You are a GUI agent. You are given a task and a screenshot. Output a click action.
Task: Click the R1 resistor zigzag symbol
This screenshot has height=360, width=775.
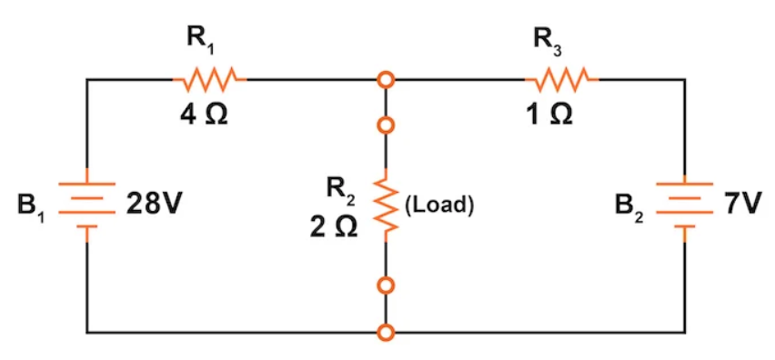(x=210, y=80)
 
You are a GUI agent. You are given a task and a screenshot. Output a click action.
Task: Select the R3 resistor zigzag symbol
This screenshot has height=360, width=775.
(x=562, y=80)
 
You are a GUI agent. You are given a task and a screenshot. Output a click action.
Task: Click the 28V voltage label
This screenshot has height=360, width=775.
(x=153, y=205)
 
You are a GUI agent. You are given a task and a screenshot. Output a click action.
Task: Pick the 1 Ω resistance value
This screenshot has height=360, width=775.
(x=552, y=118)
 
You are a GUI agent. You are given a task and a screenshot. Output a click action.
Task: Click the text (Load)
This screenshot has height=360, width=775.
(x=438, y=205)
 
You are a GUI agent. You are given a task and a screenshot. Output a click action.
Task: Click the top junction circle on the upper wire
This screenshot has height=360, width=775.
(x=387, y=81)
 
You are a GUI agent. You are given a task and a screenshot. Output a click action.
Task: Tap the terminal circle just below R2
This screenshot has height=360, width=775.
(x=387, y=286)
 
